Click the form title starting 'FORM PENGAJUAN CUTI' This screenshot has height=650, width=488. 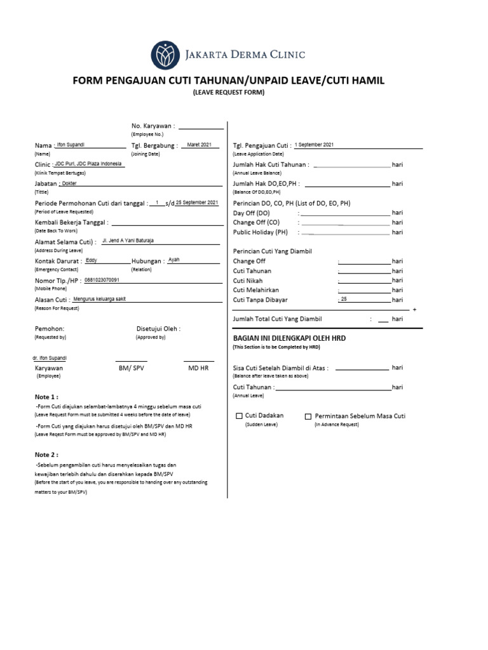(229, 81)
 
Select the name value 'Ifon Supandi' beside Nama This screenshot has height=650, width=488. (71, 145)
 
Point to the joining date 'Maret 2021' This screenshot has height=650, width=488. (200, 145)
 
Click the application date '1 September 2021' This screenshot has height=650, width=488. (314, 145)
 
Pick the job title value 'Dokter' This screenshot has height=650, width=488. (69, 183)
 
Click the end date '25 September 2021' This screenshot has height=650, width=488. (197, 202)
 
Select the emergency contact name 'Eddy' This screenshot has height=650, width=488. (91, 260)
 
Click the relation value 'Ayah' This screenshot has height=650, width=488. (173, 260)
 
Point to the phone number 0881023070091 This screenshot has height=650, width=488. (102, 280)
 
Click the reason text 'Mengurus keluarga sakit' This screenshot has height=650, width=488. (99, 298)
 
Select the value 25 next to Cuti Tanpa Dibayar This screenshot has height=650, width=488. (344, 299)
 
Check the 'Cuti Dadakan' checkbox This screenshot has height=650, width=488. (240, 416)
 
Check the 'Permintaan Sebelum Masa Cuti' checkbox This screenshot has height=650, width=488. (308, 416)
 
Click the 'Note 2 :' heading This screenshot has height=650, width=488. (46, 455)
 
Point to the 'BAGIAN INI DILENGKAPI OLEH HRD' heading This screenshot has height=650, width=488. (289, 339)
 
